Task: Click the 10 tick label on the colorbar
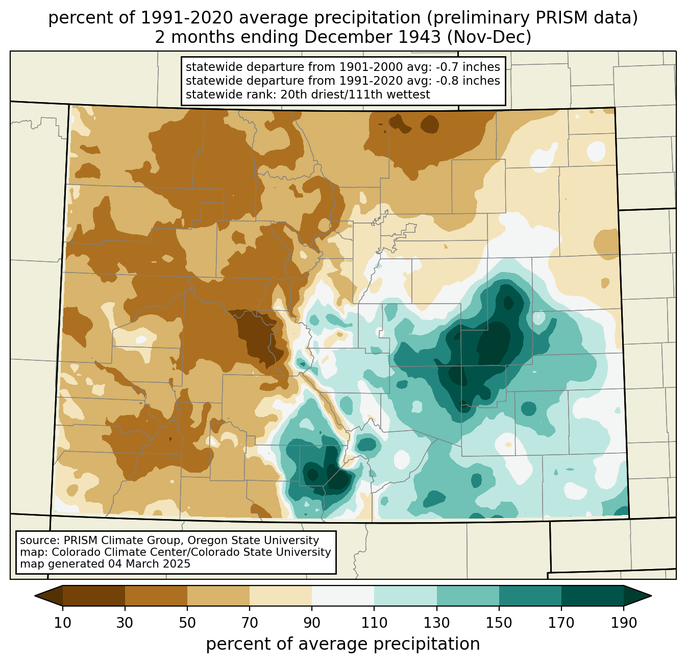(62, 623)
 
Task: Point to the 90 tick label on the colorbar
(312, 623)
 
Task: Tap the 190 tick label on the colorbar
(624, 623)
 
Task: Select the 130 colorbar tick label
(436, 623)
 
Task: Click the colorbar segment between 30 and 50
(156, 596)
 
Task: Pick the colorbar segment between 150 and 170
(530, 596)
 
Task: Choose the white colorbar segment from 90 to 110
(343, 596)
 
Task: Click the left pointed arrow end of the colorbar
(48, 596)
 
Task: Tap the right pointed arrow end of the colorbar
(638, 596)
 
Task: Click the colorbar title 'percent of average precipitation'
(342, 644)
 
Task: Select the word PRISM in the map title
(553, 18)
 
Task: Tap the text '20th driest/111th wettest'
(355, 94)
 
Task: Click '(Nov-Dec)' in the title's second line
(489, 37)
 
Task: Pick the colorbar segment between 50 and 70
(218, 596)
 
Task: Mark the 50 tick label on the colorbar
(187, 623)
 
